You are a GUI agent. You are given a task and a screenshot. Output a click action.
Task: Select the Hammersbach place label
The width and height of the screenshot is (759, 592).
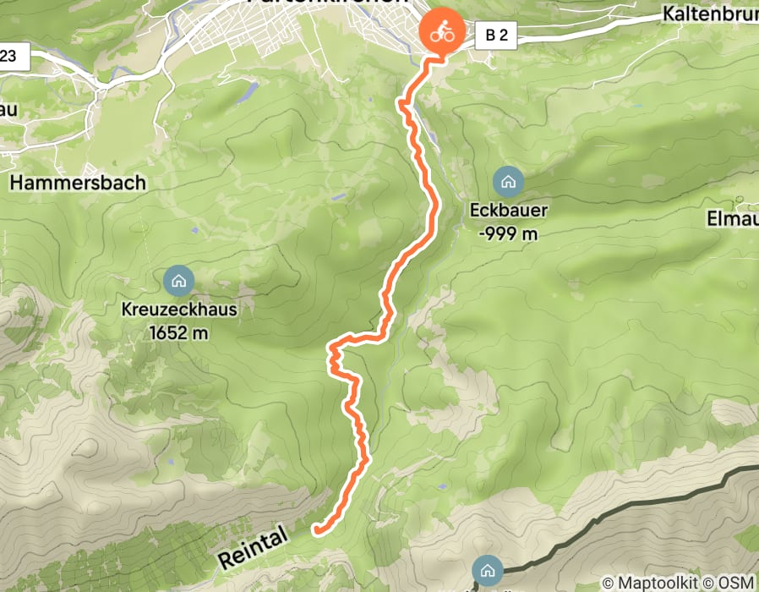(78, 182)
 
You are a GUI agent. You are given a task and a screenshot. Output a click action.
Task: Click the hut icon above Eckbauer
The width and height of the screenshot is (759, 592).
(508, 181)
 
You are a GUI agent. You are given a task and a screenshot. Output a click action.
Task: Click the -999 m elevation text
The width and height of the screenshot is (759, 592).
(507, 233)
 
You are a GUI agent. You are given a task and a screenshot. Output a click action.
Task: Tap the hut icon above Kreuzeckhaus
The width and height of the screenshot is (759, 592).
(177, 279)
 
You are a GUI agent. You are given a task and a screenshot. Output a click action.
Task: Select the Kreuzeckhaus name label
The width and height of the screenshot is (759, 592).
(178, 310)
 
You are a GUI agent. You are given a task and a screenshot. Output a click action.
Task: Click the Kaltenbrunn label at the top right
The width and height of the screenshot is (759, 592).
(710, 14)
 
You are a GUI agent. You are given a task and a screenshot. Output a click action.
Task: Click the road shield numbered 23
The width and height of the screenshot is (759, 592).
(12, 57)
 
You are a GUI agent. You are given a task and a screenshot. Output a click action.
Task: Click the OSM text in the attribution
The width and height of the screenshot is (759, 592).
(735, 583)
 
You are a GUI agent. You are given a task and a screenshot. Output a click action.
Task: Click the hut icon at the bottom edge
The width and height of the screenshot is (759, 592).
(488, 568)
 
